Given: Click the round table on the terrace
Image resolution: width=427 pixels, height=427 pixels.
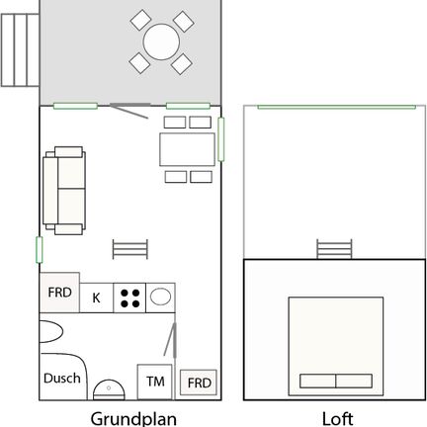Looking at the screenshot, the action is [x=161, y=42].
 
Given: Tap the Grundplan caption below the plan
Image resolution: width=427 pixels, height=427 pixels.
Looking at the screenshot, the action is [x=133, y=419].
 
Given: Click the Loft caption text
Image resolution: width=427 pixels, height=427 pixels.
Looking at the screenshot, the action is [x=337, y=419].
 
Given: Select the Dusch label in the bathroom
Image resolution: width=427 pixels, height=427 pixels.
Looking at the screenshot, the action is [x=62, y=379].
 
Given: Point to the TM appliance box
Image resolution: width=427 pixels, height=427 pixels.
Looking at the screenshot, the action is [x=154, y=382].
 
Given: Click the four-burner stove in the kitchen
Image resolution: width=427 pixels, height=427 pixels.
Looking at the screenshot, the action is [x=129, y=299].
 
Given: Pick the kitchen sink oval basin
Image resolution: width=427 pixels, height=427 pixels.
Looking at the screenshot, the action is [x=160, y=297].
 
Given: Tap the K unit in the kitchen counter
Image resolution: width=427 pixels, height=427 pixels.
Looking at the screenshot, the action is [x=96, y=298].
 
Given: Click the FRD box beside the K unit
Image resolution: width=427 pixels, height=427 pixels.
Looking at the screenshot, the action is [x=59, y=293].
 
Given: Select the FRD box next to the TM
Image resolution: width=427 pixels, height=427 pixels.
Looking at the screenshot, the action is [x=199, y=383].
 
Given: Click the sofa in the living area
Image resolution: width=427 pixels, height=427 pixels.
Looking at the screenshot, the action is [x=64, y=191].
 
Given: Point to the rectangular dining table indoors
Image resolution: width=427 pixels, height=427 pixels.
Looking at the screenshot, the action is [x=188, y=149].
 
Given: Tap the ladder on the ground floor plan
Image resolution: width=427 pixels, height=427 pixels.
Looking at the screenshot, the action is [x=130, y=249].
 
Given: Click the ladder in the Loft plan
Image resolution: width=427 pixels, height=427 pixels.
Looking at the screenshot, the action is [x=334, y=249].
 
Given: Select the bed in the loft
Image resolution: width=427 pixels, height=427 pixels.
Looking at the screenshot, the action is [x=336, y=346].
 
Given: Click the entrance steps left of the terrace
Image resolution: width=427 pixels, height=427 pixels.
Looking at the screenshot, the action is [x=20, y=50].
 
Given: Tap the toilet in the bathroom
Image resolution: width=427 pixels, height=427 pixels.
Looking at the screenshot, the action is [x=109, y=390].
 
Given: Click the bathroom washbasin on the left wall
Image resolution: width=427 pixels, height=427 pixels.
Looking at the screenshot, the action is [x=51, y=332].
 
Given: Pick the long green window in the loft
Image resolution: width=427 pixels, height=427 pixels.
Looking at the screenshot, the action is [x=336, y=107].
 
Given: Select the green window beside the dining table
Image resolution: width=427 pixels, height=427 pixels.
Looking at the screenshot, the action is [x=221, y=139].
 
